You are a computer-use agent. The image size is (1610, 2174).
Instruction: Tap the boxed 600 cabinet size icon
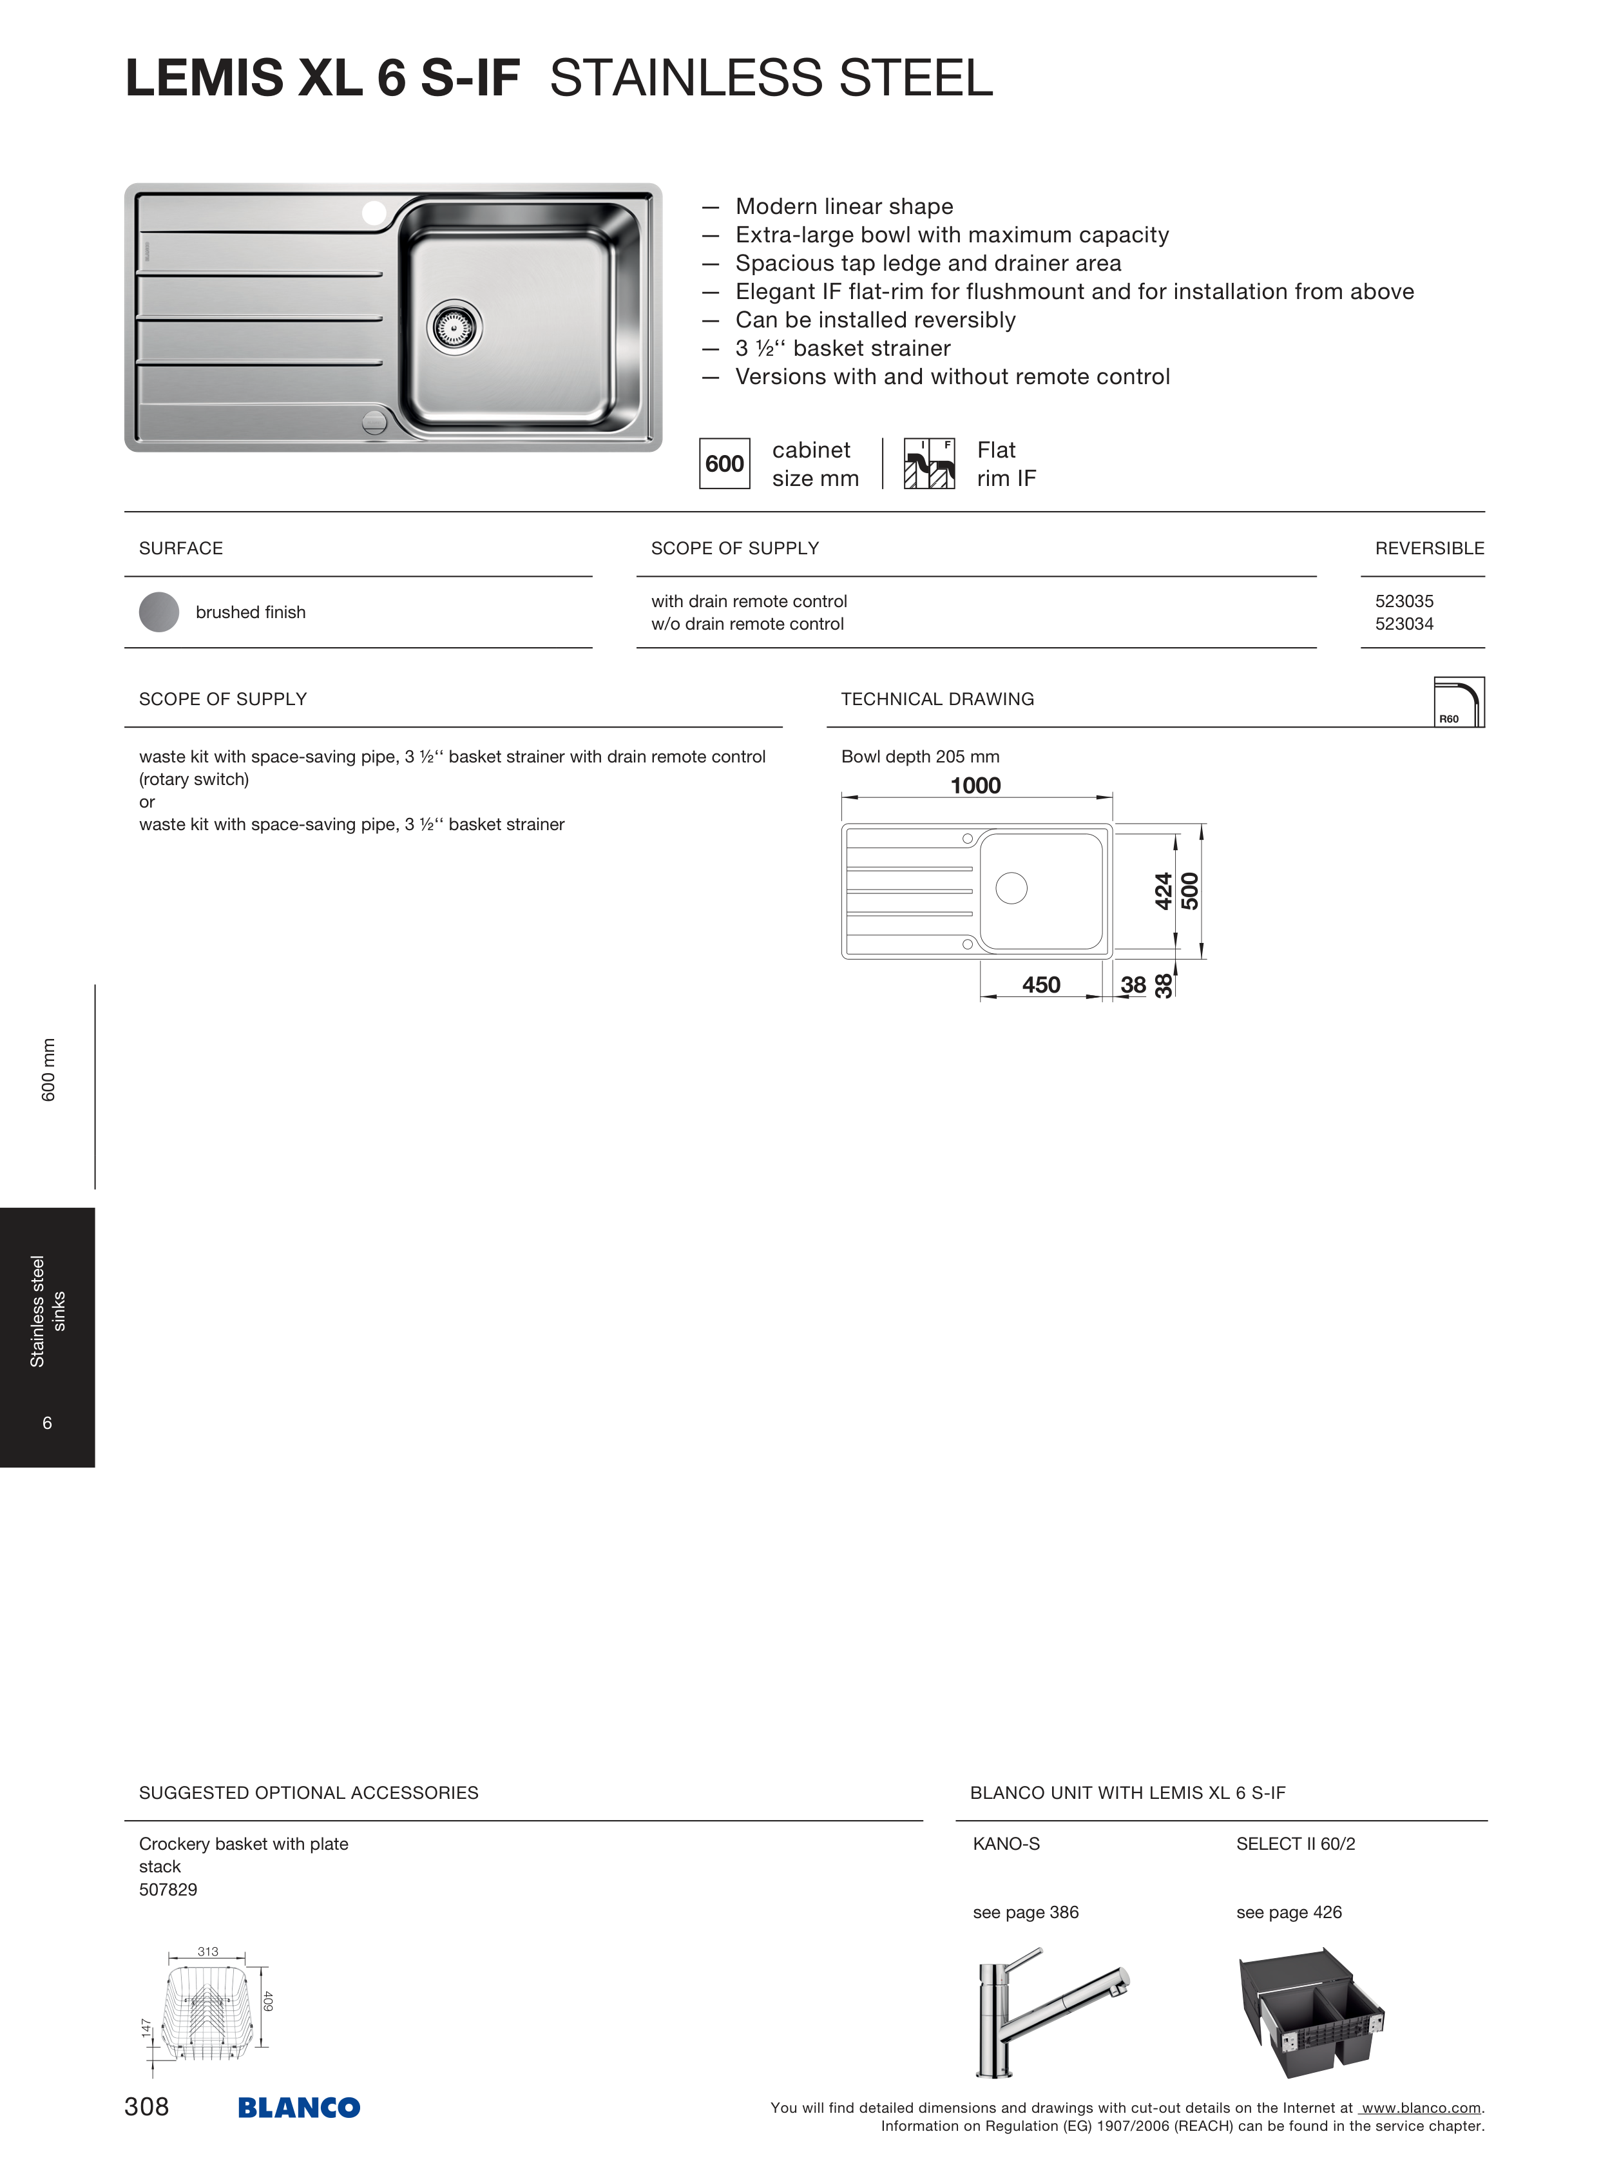tap(724, 464)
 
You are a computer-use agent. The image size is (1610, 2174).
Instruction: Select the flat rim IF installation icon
tap(929, 464)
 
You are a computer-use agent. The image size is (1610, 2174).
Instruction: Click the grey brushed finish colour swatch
tap(159, 612)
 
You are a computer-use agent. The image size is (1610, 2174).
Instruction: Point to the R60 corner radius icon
tap(1459, 702)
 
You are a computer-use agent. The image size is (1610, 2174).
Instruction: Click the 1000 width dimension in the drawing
tap(975, 786)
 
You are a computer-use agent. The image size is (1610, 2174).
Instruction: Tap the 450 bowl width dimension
tap(1041, 985)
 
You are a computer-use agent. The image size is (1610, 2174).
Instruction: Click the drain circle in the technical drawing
tap(1011, 888)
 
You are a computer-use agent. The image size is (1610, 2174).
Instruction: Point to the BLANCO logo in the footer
tap(299, 2108)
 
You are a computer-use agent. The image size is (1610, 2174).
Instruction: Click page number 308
tap(147, 2107)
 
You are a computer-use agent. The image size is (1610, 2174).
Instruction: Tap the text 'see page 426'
tap(1289, 1913)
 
